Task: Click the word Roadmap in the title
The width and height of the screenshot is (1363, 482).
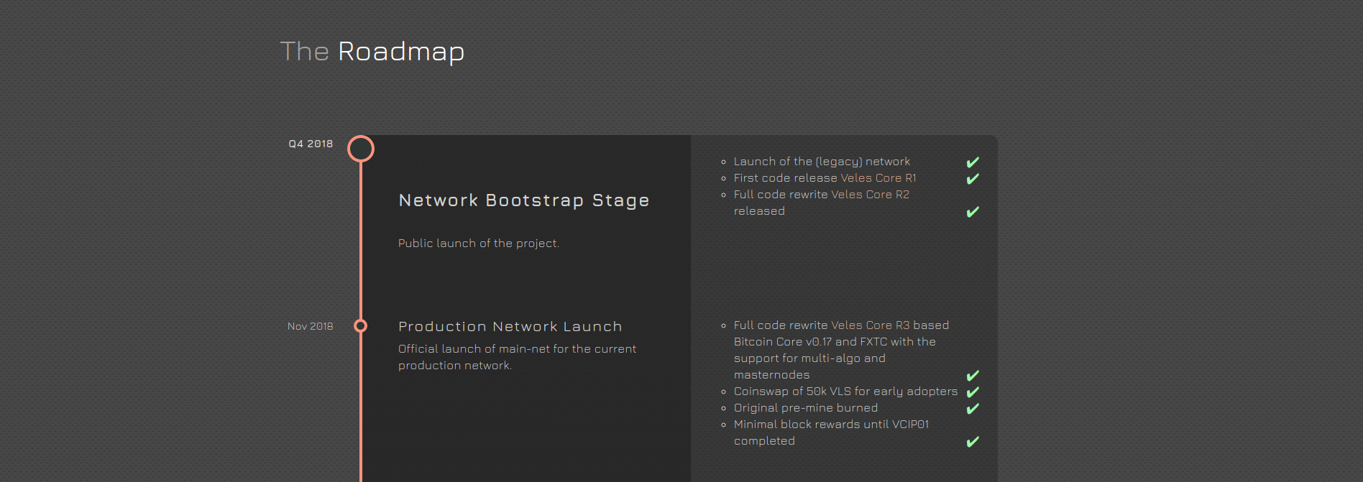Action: (x=401, y=52)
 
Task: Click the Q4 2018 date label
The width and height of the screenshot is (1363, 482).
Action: (x=311, y=144)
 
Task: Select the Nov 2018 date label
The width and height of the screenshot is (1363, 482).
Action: (x=311, y=326)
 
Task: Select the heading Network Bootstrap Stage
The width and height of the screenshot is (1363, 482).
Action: (x=524, y=200)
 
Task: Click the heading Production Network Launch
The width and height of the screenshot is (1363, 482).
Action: (x=510, y=327)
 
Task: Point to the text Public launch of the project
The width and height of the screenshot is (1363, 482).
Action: (x=479, y=244)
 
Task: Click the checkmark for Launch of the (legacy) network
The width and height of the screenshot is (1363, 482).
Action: (x=973, y=162)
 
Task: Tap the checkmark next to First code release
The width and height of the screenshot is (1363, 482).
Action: (x=973, y=179)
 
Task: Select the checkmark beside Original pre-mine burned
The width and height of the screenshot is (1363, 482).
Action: (x=973, y=409)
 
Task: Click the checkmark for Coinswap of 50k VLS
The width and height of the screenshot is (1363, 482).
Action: (x=973, y=392)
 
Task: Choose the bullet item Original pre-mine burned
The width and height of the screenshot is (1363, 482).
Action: (x=806, y=408)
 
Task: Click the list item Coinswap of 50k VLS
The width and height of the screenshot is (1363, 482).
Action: (x=846, y=391)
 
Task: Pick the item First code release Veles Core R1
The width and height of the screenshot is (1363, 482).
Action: (x=825, y=178)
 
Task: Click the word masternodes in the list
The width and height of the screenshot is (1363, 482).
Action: (x=771, y=375)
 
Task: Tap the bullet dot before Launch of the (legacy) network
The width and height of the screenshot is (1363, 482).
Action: (x=723, y=162)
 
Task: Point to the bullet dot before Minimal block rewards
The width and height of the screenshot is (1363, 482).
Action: (x=723, y=425)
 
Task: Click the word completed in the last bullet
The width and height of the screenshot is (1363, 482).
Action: (x=764, y=441)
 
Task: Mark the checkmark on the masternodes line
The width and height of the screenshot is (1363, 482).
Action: (x=973, y=376)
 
